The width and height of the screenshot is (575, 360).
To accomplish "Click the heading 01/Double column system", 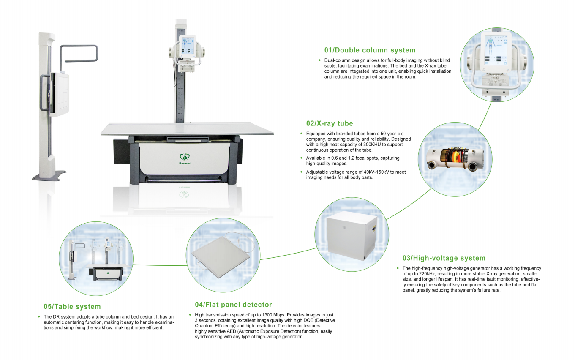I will (370, 50).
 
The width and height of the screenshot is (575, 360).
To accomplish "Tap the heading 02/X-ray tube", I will (330, 124).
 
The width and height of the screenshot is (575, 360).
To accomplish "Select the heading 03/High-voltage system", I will (444, 258).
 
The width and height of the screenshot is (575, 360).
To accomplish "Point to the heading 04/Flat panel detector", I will (233, 305).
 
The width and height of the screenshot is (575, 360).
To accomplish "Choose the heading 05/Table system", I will (72, 307).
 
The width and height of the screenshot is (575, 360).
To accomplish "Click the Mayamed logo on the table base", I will (184, 158).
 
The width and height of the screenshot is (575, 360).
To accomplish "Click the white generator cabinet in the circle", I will (352, 237).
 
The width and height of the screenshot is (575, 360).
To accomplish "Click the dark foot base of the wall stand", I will (49, 175).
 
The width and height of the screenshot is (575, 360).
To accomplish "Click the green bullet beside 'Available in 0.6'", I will (302, 158).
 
